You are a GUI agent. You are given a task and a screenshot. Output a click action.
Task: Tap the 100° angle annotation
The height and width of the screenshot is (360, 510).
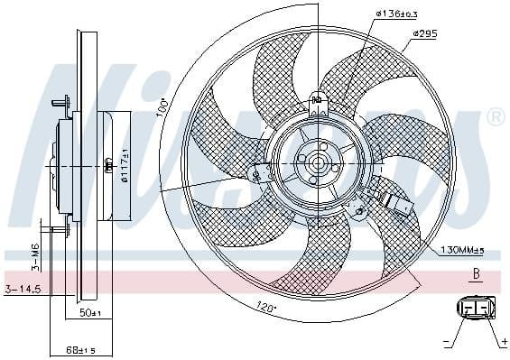point(163,106)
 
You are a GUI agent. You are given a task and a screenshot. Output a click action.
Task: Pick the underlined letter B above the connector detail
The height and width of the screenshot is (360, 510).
point(475,272)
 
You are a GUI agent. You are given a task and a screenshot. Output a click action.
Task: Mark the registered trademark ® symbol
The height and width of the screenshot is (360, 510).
point(496,116)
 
